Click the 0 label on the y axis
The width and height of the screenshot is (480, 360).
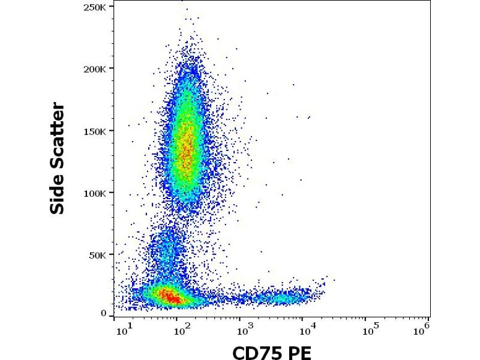point(104,313)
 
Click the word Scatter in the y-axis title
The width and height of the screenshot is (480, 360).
point(58,136)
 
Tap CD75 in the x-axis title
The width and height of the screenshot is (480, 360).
point(256,352)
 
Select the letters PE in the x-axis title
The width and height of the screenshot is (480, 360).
point(301,352)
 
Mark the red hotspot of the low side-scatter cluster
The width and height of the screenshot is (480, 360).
point(170,296)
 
